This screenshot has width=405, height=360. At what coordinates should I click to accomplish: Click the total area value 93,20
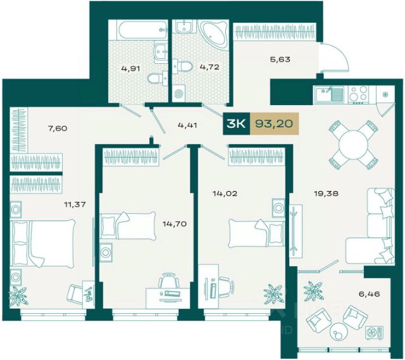pos(274,124)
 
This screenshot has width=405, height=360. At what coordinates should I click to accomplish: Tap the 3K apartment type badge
pos(237,124)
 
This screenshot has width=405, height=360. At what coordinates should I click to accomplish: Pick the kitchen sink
pos(329,94)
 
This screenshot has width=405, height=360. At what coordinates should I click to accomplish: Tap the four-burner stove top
pos(358,94)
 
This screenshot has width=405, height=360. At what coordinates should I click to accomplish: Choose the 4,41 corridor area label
pos(187,125)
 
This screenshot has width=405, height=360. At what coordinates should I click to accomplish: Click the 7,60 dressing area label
pos(58,128)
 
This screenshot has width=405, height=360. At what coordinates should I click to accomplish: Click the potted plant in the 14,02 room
pos(273,294)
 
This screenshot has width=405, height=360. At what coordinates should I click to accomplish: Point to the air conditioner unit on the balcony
pos(374,332)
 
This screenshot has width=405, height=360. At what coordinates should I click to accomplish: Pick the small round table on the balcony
pos(337,329)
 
